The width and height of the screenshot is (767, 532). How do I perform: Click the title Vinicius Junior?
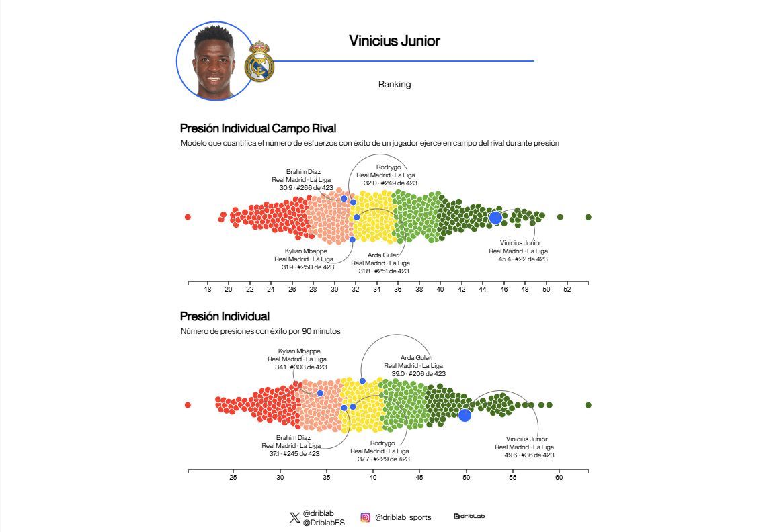(x=394, y=41)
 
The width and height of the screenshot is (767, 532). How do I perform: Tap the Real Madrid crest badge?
(x=259, y=62)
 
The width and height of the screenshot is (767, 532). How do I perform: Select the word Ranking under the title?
(x=395, y=85)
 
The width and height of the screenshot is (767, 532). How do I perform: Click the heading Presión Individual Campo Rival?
(x=258, y=128)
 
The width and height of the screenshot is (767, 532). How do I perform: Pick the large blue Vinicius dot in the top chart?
(x=495, y=218)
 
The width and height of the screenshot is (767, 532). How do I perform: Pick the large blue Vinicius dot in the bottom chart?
(x=465, y=415)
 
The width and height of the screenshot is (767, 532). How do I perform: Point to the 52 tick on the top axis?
(x=567, y=290)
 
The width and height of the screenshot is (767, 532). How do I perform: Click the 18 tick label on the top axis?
(x=208, y=290)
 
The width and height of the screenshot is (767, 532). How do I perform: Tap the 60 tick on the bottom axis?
(x=559, y=478)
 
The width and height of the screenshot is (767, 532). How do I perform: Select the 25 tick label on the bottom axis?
(x=233, y=478)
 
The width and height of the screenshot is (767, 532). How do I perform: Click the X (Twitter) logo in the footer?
(x=294, y=517)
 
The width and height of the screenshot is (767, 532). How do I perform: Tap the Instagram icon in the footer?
(x=366, y=517)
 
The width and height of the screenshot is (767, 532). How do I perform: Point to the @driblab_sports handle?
(x=403, y=517)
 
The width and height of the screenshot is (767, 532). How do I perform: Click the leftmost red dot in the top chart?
(x=188, y=217)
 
